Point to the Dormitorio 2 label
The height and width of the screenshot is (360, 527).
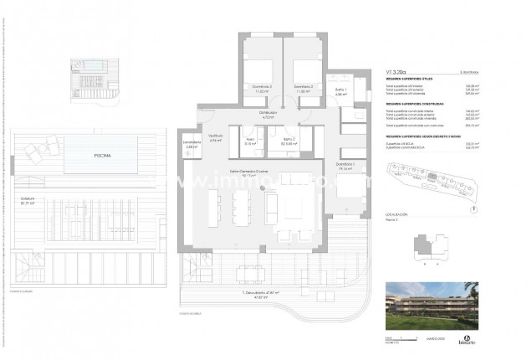pyautogui.click(x=302, y=87)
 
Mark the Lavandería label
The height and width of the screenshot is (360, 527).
pyautogui.click(x=192, y=144)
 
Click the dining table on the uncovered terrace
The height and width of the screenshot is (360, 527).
pyautogui.click(x=252, y=272)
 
